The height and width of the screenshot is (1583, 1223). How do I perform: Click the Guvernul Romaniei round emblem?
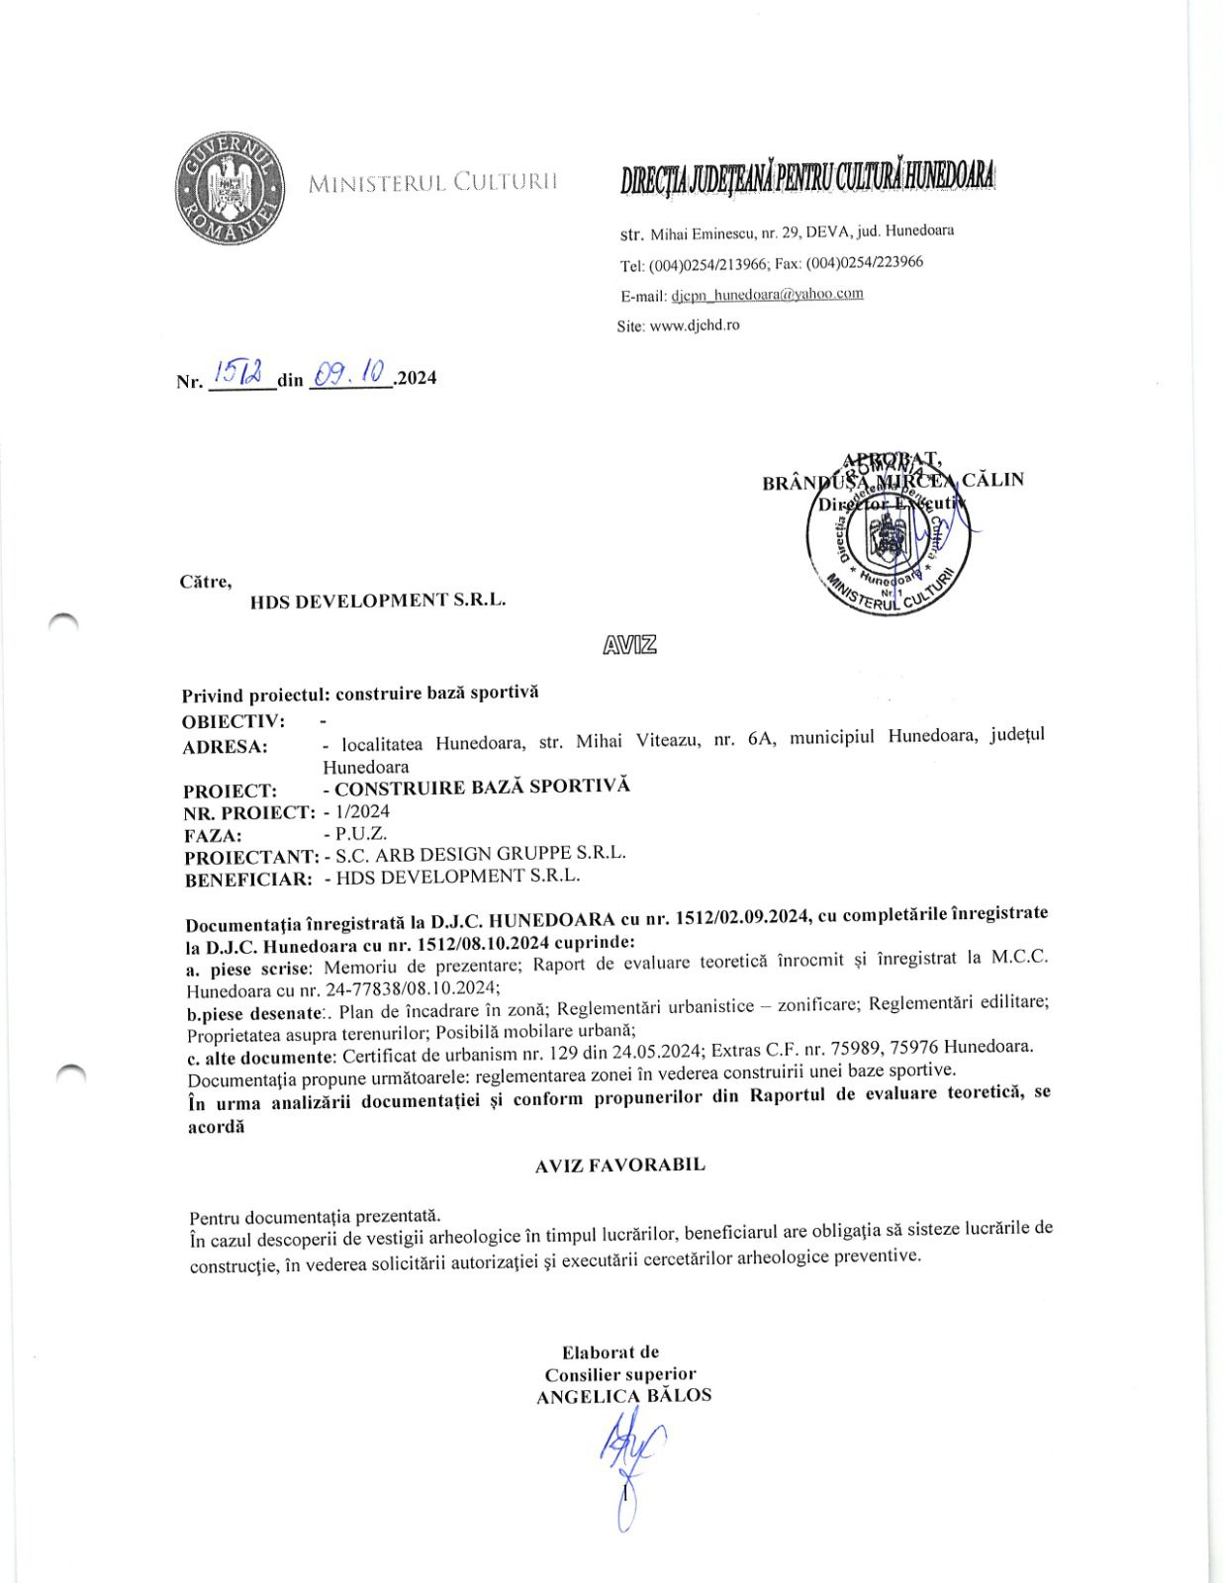point(229,188)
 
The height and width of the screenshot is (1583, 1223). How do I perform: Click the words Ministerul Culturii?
point(433,182)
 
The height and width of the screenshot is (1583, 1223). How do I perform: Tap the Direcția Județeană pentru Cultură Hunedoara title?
point(807,179)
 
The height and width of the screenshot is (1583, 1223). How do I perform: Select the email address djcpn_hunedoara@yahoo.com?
point(767,294)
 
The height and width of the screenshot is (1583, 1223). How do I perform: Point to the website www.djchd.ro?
point(694,325)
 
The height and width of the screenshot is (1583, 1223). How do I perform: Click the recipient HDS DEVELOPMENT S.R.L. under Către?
point(378,600)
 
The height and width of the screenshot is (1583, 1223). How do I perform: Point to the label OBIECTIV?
point(234,720)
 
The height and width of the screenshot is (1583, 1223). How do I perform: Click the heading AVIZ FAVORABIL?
point(620,1164)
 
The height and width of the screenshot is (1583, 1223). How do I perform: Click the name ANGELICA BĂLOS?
point(623,1396)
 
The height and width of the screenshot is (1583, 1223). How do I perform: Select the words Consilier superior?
point(620,1374)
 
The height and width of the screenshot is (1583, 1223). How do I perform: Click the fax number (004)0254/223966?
point(865,262)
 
